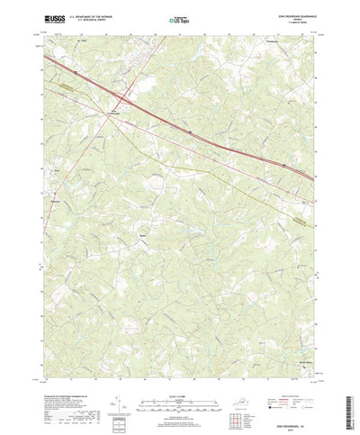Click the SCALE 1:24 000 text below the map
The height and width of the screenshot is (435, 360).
tap(179, 383)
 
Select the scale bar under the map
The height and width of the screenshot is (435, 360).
tap(179, 393)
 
